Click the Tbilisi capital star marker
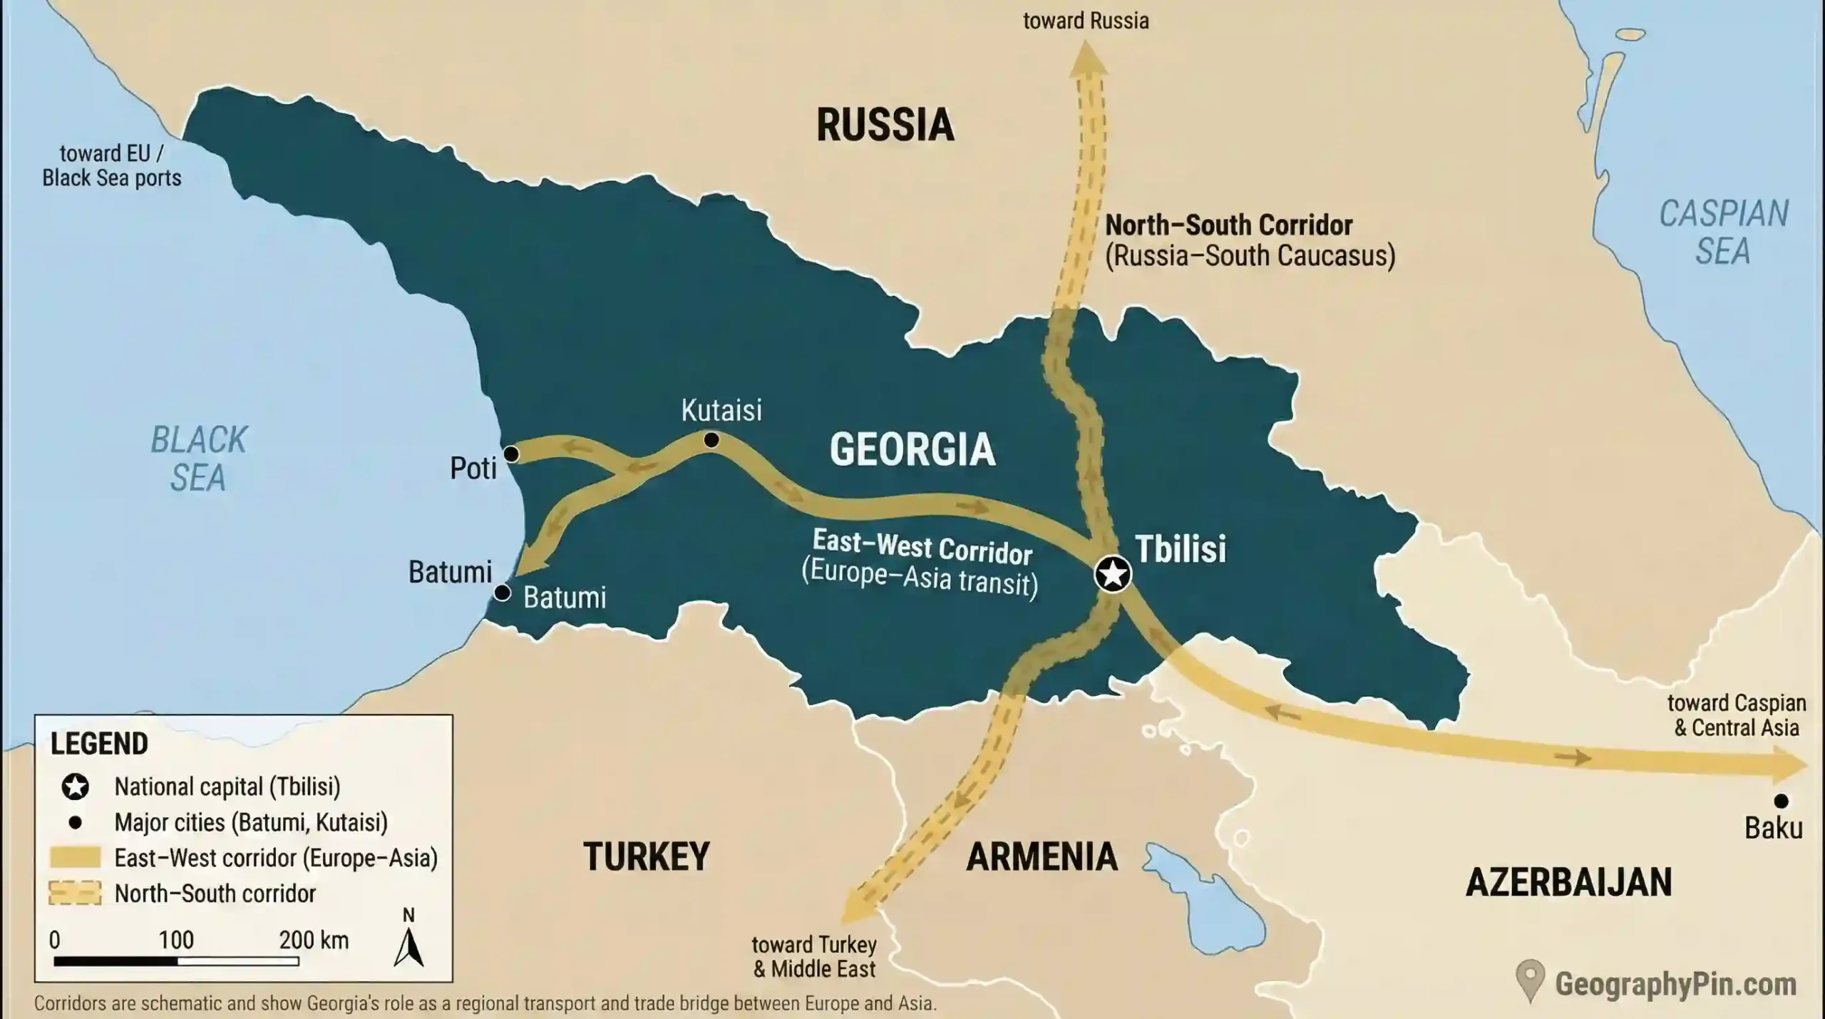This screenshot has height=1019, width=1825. pyautogui.click(x=1113, y=573)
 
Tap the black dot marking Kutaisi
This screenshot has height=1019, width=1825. pyautogui.click(x=711, y=440)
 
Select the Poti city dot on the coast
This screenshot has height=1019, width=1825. pyautogui.click(x=511, y=454)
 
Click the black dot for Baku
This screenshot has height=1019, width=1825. pyautogui.click(x=1781, y=801)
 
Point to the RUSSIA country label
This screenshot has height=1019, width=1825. pyautogui.click(x=885, y=125)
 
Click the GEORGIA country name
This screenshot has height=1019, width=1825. pyautogui.click(x=912, y=449)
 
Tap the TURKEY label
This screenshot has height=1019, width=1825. pyautogui.click(x=646, y=856)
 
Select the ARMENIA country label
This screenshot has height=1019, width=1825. pyautogui.click(x=1042, y=856)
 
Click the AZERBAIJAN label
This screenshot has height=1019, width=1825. pyautogui.click(x=1568, y=883)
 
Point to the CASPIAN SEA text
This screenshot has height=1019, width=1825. pyautogui.click(x=1723, y=232)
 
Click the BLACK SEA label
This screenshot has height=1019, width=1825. pyautogui.click(x=198, y=459)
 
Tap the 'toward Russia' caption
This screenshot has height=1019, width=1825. pyautogui.click(x=1086, y=21)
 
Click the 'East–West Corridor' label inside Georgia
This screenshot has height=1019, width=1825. pyautogui.click(x=922, y=546)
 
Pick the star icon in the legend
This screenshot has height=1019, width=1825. pyautogui.click(x=75, y=787)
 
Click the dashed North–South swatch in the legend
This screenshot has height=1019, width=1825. pyautogui.click(x=75, y=893)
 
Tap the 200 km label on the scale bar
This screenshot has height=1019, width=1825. pyautogui.click(x=314, y=940)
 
